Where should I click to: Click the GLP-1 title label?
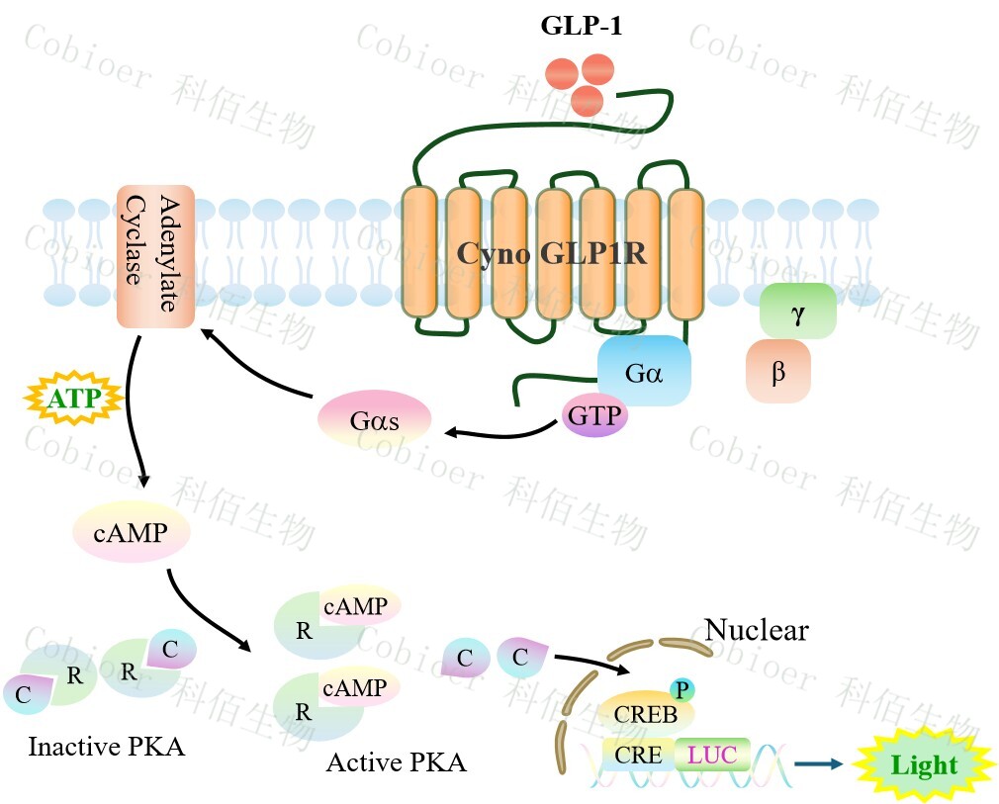pos(582,27)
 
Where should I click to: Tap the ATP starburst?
pos(71,400)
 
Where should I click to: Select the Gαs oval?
pos(374,419)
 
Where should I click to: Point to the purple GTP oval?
pos(594,415)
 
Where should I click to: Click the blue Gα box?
pos(643,371)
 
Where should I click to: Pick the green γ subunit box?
pos(797,311)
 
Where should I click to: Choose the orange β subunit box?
pos(778,372)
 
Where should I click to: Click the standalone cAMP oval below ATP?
pos(131,534)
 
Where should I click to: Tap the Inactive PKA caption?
pos(106,746)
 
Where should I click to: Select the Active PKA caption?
pos(396,762)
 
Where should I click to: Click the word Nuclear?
pos(757,630)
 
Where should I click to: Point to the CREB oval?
pos(646,713)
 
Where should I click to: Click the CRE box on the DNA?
pos(638,756)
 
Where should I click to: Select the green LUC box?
pos(712,756)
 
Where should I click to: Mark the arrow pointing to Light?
pos(819,763)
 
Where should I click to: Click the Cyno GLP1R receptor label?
pos(552,253)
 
